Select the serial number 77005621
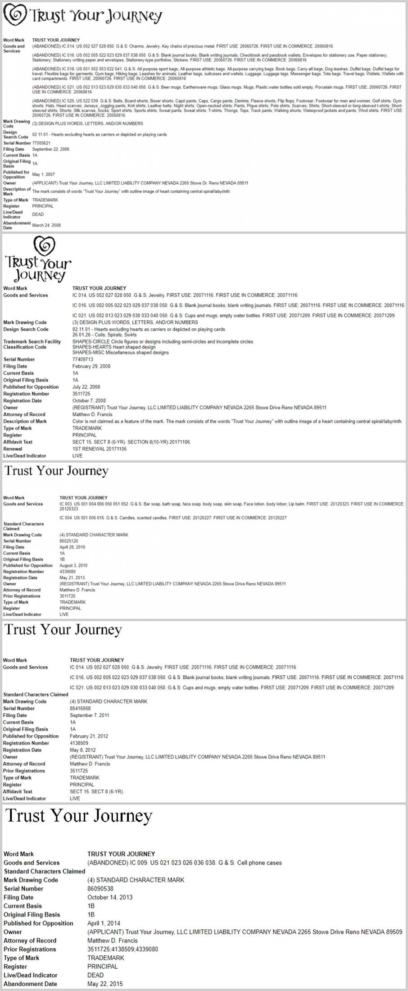[x=41, y=143]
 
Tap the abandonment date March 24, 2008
[x=46, y=225]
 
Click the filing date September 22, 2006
[x=50, y=149]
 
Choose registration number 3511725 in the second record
[x=82, y=394]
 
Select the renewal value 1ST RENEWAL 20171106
[x=100, y=449]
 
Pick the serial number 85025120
[x=69, y=541]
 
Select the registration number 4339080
[x=68, y=572]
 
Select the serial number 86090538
[x=100, y=888]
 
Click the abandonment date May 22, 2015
[x=105, y=984]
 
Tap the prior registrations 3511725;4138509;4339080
[x=122, y=949]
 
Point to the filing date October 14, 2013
[x=110, y=897]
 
